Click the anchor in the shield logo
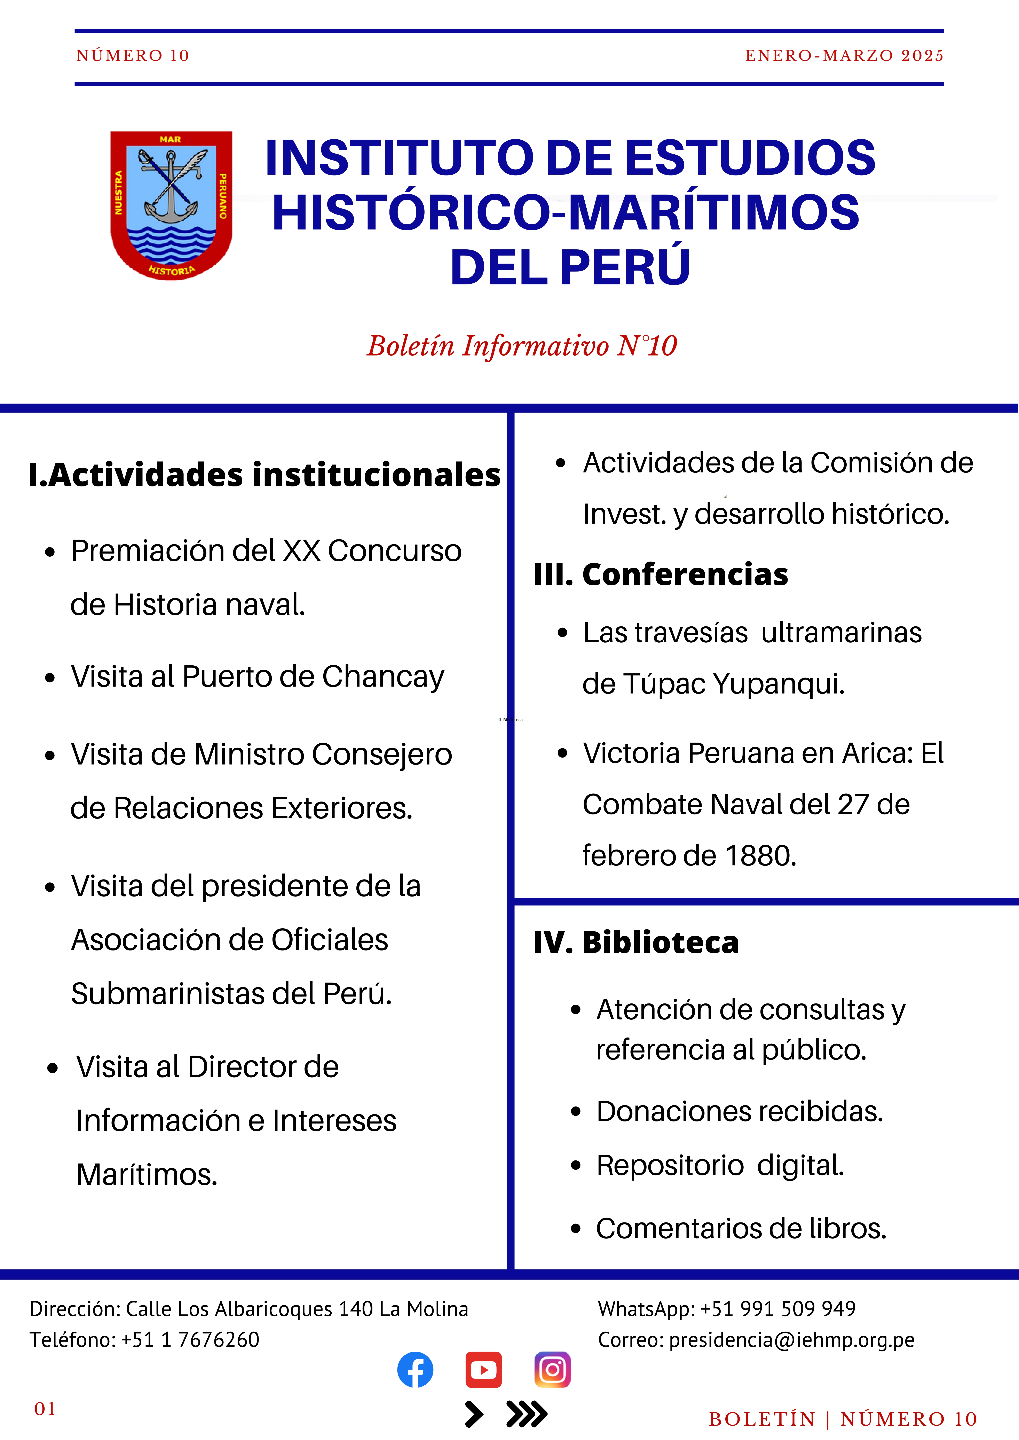[x=171, y=188]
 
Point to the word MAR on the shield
[x=170, y=139]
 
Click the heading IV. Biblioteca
[x=636, y=942]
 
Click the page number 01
[x=45, y=1409]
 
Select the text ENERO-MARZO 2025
[x=844, y=56]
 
